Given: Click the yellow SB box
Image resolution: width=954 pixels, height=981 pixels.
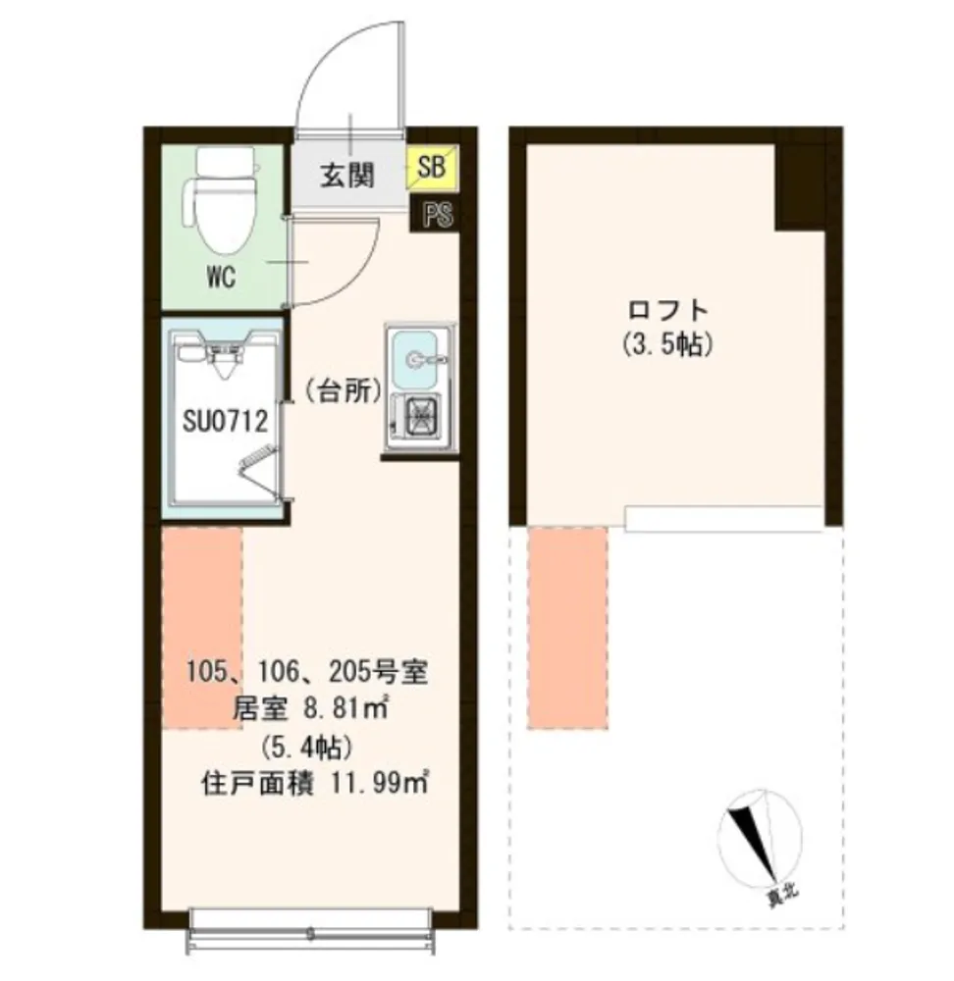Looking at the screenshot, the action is [433, 167].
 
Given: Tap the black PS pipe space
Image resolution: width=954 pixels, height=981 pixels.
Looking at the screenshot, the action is [437, 215].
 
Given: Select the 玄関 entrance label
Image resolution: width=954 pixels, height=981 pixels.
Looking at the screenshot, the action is [347, 176].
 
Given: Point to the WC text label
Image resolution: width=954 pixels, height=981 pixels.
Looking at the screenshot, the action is [221, 278].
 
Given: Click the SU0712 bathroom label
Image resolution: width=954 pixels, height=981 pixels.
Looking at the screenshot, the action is [226, 421].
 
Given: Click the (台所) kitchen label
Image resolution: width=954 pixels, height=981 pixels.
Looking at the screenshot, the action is [344, 391].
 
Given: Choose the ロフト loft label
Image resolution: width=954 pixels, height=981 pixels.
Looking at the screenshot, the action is [668, 310].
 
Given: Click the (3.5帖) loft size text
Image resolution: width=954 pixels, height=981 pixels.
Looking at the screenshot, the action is [668, 343].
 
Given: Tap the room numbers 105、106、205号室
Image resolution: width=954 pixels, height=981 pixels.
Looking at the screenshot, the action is [307, 673].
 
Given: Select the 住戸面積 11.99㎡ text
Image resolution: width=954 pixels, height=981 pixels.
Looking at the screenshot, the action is [315, 783].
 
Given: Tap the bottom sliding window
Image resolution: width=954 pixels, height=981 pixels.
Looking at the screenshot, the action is [311, 930].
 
